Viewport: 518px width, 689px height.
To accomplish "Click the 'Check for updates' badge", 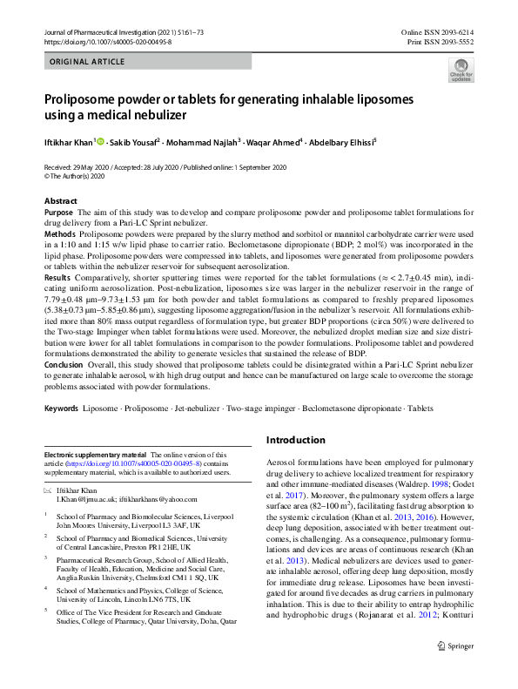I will click(x=461, y=71).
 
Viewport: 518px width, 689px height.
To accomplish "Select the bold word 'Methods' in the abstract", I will click(x=59, y=235).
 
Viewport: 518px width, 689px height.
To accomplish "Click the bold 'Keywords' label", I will click(x=61, y=408).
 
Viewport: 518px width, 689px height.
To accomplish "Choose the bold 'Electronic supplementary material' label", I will click(x=95, y=456).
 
